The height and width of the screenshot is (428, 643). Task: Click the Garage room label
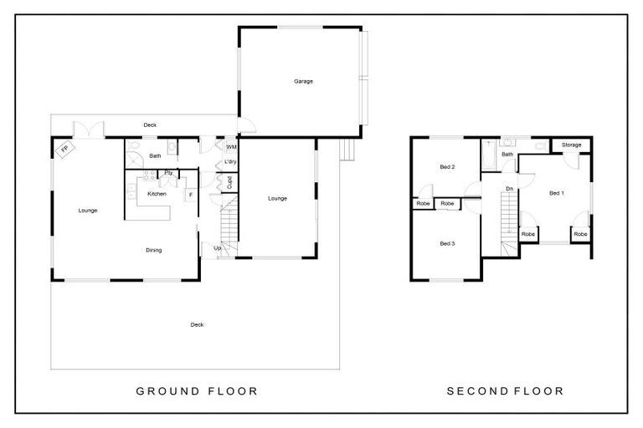[x=303, y=82]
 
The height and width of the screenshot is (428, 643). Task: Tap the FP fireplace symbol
[x=64, y=149]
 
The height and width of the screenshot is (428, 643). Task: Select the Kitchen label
[x=157, y=194]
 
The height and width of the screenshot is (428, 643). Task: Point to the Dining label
[x=154, y=250]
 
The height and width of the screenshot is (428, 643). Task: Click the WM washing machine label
[x=231, y=146]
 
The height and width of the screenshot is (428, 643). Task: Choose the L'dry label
[x=230, y=162]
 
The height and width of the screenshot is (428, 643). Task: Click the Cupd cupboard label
[x=229, y=183]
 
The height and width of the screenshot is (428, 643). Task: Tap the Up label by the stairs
[x=218, y=247]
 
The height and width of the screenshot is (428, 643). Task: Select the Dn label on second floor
[x=509, y=189]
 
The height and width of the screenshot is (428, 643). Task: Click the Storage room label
[x=571, y=145]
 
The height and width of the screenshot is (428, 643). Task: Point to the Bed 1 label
[x=557, y=193]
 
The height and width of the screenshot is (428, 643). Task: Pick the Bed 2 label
[x=447, y=166]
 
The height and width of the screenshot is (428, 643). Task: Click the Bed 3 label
[x=447, y=243]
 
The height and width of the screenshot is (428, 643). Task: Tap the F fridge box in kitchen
[x=191, y=195]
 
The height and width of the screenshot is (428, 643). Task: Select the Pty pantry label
[x=168, y=173]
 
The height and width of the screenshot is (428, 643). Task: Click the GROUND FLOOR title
[x=197, y=391]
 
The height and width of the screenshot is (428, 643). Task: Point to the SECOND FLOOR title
[x=505, y=391]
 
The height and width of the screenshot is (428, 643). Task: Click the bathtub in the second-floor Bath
[x=488, y=155]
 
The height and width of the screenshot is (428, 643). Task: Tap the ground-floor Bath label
[x=155, y=155]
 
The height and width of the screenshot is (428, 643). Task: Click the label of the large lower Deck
[x=197, y=325]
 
